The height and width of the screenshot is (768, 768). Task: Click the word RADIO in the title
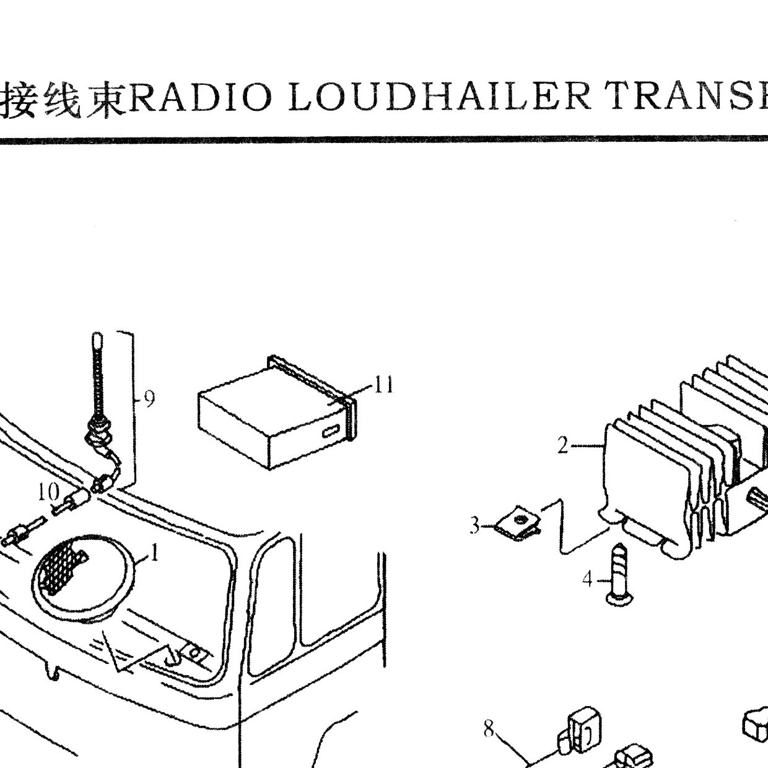point(201,97)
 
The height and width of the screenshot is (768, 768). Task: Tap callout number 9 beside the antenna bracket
point(149,398)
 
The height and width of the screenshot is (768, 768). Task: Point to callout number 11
point(384,384)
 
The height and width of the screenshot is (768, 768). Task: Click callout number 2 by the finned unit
point(563,445)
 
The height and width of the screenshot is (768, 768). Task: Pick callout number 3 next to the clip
point(474,526)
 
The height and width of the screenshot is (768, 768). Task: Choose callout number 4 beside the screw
point(588,580)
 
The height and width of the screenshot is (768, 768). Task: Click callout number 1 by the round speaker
point(155,553)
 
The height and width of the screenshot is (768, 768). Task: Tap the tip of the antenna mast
point(97,335)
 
